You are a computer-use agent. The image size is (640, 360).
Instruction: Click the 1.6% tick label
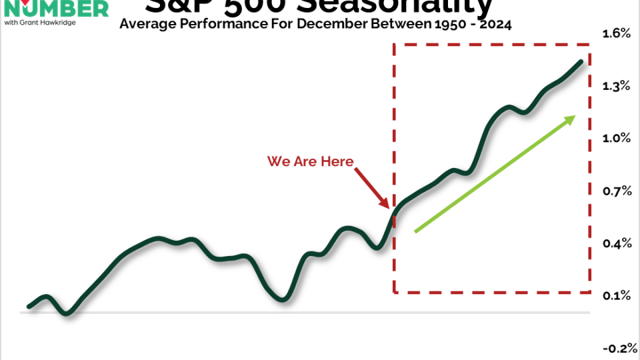[616, 33]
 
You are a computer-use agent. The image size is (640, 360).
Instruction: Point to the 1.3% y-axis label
[616, 85]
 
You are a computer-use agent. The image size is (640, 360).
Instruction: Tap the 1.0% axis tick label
[616, 138]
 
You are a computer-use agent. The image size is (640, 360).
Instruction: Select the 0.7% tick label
[616, 191]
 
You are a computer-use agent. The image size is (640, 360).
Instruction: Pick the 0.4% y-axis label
[616, 244]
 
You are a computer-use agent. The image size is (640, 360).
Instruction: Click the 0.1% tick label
[616, 296]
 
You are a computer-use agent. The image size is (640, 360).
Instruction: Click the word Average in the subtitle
[146, 25]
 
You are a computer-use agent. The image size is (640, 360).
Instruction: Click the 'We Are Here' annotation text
[310, 161]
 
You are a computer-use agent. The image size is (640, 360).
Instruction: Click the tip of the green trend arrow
[575, 117]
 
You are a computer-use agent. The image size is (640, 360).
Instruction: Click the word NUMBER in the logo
[60, 8]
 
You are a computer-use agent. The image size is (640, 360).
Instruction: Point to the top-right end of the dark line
[581, 61]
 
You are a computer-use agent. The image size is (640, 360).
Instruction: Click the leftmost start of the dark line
[29, 307]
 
